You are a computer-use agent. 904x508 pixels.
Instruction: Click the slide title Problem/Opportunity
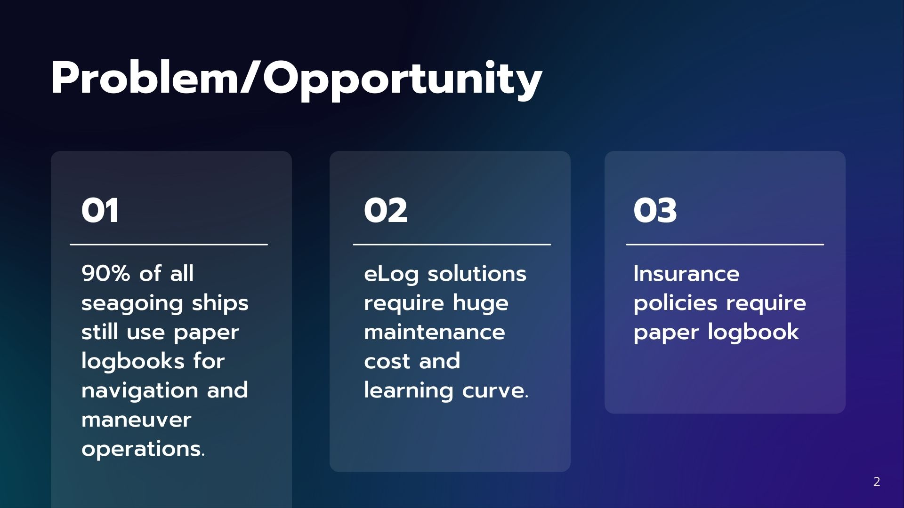tap(297, 79)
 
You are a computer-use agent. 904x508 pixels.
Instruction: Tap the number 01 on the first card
tap(100, 210)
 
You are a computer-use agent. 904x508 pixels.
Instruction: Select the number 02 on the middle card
tap(386, 210)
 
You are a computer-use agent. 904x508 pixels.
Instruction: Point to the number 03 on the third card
tap(655, 210)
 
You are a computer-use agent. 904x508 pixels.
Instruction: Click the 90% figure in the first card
tap(106, 273)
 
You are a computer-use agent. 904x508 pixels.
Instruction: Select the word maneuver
tap(137, 420)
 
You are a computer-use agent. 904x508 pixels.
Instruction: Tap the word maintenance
tap(435, 333)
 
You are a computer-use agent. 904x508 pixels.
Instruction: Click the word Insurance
tap(686, 274)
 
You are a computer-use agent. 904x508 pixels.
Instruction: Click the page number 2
tap(877, 482)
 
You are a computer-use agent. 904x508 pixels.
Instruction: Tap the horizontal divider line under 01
tap(169, 245)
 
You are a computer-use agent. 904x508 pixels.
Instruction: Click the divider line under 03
tap(725, 245)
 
